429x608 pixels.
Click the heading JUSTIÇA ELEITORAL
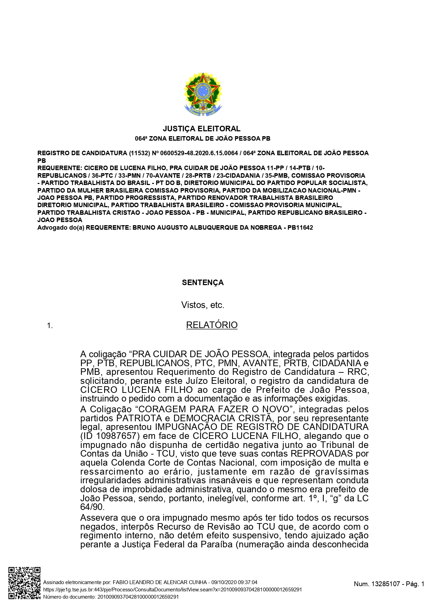(202, 129)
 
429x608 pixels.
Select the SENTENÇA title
(203, 283)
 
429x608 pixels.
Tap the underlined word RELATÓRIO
(212, 325)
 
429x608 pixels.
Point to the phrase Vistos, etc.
(203, 305)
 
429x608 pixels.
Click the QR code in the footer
(25, 583)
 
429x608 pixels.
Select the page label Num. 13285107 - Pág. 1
(389, 584)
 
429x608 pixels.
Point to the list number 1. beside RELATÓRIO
(50, 326)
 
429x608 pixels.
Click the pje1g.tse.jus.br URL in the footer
(172, 590)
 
